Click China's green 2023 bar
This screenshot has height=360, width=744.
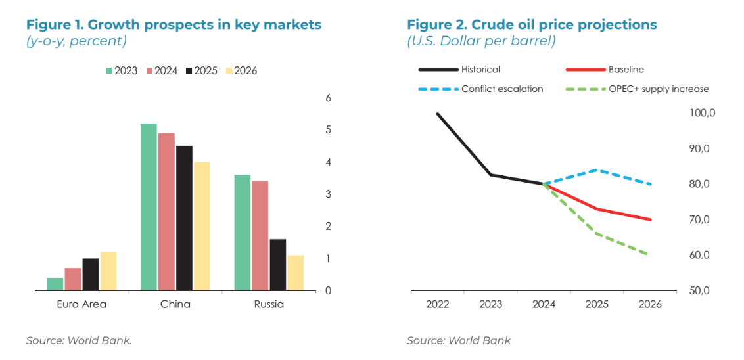point(149,207)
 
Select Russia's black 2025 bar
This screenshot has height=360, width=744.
point(277,265)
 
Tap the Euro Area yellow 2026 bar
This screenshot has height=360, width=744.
point(108,271)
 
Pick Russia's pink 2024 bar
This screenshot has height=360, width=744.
point(260,236)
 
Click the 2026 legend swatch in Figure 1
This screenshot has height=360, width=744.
point(229,71)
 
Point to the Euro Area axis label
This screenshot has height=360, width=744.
point(81,304)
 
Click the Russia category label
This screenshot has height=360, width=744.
point(269,304)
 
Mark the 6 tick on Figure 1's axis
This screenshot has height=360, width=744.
point(329,98)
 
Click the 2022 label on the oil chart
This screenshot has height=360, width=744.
point(438,304)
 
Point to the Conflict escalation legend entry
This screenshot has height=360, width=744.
point(502,89)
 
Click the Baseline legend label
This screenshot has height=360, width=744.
point(626,69)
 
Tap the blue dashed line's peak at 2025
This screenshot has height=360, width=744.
point(597,169)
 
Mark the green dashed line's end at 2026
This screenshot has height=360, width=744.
point(650,255)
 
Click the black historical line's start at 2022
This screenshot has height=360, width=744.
point(438,114)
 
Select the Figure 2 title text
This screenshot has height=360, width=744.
point(532,25)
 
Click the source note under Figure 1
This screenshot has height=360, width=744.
point(79,340)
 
